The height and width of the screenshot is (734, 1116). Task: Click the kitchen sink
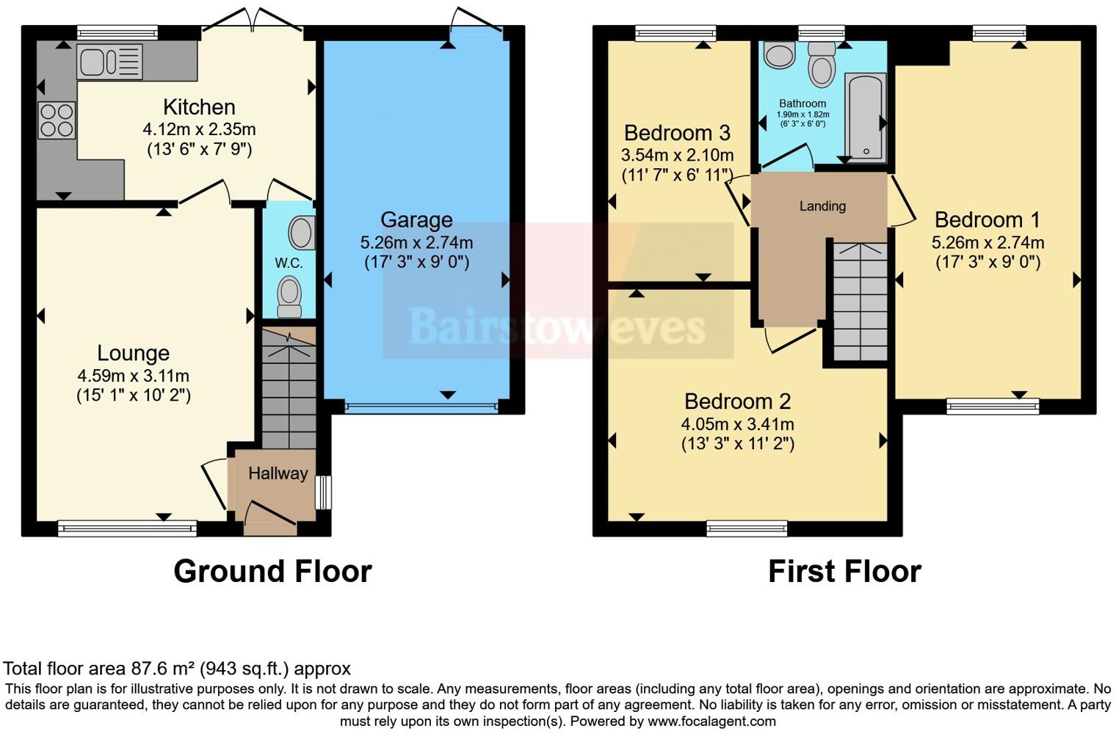tap(109, 62)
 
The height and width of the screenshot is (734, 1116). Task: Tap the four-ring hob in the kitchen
tap(57, 120)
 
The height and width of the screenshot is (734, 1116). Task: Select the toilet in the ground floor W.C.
tap(289, 297)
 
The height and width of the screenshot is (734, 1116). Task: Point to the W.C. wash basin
tap(302, 232)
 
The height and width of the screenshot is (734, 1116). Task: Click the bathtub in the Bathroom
tap(866, 118)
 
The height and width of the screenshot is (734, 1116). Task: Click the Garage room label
tap(416, 219)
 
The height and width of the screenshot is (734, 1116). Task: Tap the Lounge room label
tap(133, 353)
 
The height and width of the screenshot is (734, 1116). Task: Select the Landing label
tap(822, 206)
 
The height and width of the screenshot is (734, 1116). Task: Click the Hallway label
tap(278, 473)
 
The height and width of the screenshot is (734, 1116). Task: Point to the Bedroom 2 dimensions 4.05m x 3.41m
tap(737, 424)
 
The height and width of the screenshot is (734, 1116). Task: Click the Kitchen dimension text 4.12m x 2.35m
tap(199, 129)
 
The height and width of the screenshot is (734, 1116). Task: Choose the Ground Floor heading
tap(272, 571)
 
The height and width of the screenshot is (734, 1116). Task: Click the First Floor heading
tap(845, 571)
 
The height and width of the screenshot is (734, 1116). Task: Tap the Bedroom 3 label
tap(677, 133)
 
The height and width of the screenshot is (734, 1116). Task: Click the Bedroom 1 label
tap(988, 219)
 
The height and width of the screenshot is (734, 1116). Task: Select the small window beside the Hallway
tap(324, 493)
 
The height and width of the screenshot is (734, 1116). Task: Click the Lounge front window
tap(128, 528)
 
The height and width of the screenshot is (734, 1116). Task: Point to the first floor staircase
tap(860, 301)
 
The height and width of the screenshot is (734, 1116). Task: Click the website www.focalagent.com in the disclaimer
tap(712, 721)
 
